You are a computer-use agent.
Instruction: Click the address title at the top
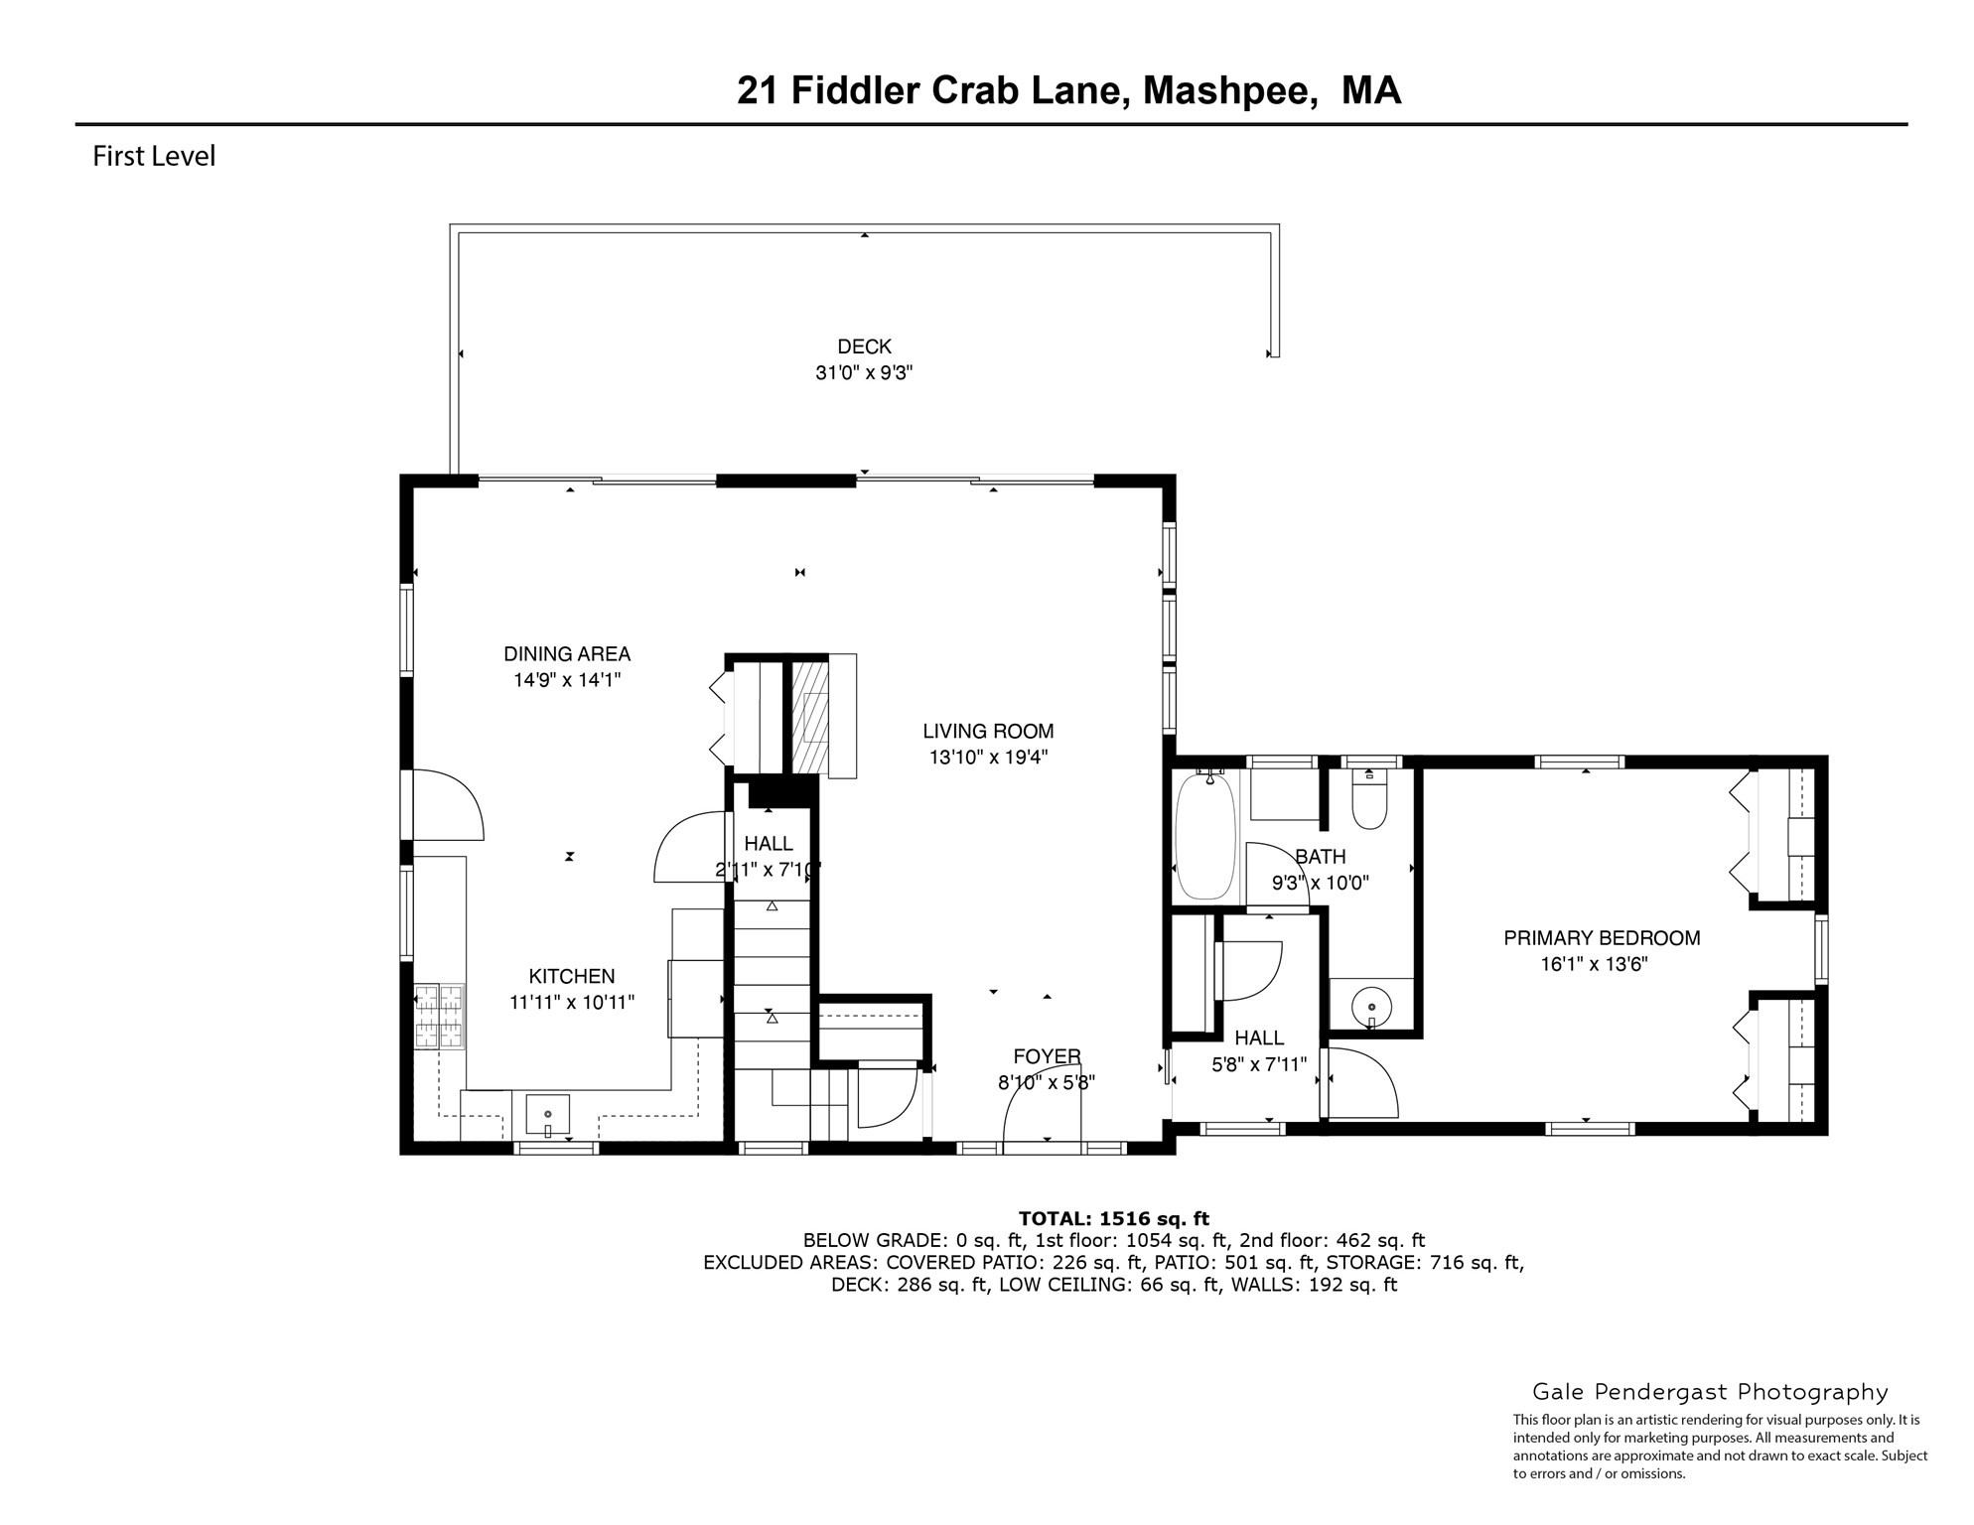[1068, 90]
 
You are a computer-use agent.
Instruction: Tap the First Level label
[154, 157]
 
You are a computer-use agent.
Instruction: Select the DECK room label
[864, 347]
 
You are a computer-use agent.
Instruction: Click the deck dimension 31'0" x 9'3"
[864, 373]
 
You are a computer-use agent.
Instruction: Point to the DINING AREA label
[567, 654]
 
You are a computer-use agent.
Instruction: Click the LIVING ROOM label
[988, 732]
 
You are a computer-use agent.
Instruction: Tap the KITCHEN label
[571, 977]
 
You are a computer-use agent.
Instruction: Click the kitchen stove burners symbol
[439, 1016]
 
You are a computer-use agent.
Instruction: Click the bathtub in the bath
[1204, 836]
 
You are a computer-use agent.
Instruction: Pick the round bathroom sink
[1371, 1004]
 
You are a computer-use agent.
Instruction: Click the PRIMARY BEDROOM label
[1602, 938]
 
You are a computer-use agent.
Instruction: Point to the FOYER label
[1047, 1056]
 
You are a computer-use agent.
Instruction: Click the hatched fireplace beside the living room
[809, 717]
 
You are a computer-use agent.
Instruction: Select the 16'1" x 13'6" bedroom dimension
[1594, 964]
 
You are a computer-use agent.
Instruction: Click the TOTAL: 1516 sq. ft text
[1113, 1218]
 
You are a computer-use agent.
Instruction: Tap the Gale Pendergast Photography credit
[1710, 1392]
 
